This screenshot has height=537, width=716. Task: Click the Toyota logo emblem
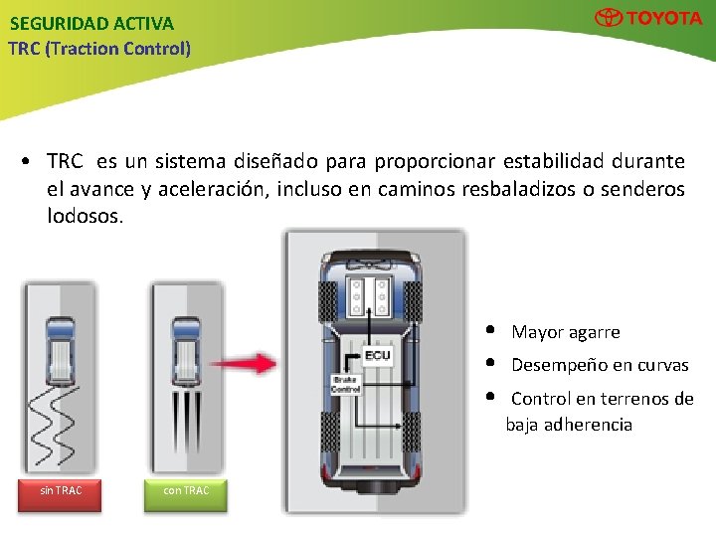(609, 18)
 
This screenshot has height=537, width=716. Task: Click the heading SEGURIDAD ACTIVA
(91, 23)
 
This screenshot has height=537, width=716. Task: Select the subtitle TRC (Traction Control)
(99, 48)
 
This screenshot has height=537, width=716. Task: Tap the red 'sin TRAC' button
(62, 491)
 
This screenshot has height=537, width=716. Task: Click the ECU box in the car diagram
(378, 355)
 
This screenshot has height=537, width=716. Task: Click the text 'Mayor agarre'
(565, 332)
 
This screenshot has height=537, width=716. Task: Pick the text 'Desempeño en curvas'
(600, 365)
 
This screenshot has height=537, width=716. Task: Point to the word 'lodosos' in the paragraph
(84, 215)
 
